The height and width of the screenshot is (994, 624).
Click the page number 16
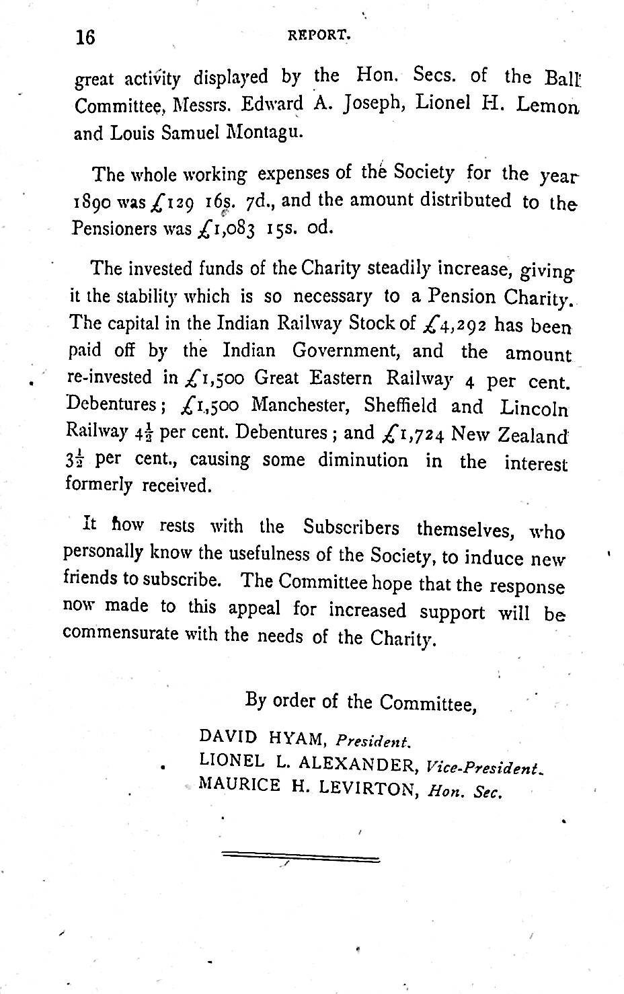coord(85,38)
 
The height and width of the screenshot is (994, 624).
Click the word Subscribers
coord(350,527)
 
